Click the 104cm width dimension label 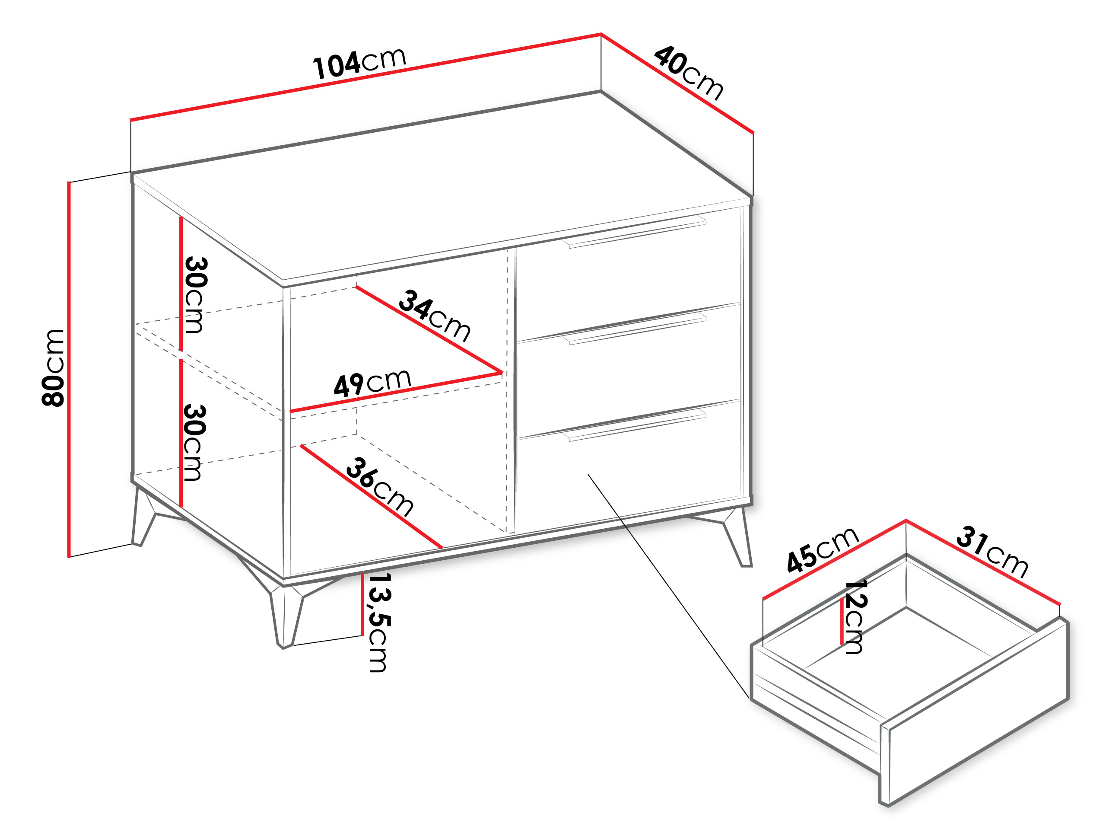point(359,63)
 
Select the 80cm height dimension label point(53,368)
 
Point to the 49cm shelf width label point(372,383)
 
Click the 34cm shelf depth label point(435,316)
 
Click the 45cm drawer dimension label point(823,549)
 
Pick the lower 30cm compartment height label point(194,442)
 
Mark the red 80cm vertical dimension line point(70,369)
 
